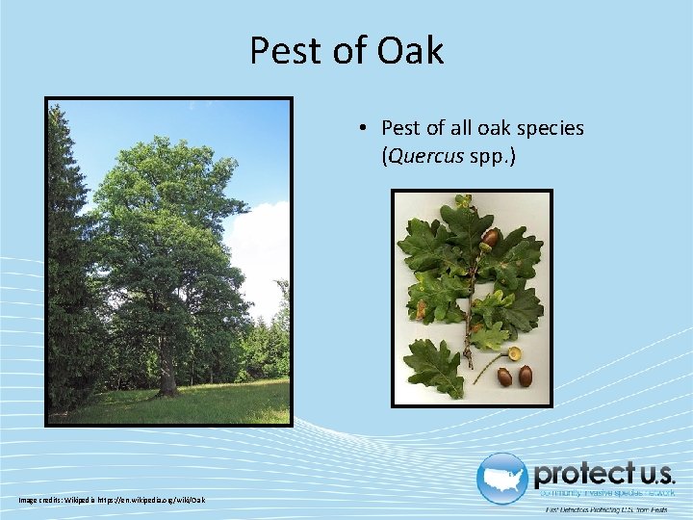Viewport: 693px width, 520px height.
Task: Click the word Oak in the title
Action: coord(410,50)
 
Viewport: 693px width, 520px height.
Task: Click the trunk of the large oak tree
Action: coord(167,371)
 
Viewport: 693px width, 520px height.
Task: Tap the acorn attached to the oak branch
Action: coord(490,237)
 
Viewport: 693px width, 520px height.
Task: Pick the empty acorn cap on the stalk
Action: coord(515,353)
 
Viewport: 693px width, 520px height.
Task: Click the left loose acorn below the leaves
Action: coord(504,377)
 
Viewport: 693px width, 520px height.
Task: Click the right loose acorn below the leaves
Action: coord(525,375)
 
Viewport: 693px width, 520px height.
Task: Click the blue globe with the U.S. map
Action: coord(501,478)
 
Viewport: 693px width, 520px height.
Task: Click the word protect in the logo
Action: coord(577,474)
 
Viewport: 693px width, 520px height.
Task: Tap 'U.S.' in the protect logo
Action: coord(650,474)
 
